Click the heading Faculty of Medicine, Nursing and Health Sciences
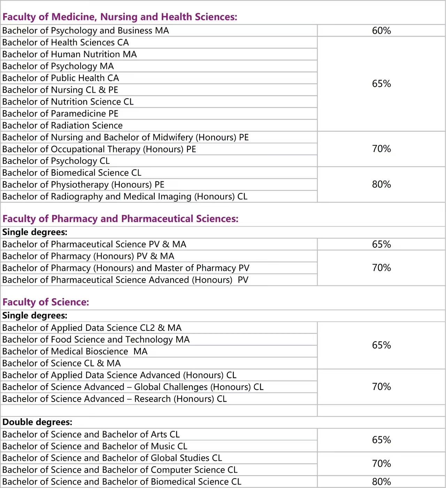[120, 17]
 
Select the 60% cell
[381, 31]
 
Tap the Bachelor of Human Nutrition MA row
[69, 54]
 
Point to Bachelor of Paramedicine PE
[60, 114]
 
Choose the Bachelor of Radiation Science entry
[62, 125]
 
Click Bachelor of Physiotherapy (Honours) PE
[83, 185]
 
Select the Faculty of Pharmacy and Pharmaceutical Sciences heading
[120, 219]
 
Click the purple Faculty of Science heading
[46, 302]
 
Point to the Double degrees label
[37, 422]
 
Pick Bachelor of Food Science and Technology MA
[96, 340]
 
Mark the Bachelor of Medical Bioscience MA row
[75, 351]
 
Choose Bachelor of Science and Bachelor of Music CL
[95, 446]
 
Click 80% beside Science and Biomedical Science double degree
[381, 482]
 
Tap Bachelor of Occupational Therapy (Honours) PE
[99, 149]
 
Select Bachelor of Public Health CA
[61, 78]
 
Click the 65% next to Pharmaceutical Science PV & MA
[381, 244]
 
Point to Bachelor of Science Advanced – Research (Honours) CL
[114, 399]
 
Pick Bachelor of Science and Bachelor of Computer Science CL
[120, 470]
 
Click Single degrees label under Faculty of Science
[35, 315]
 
